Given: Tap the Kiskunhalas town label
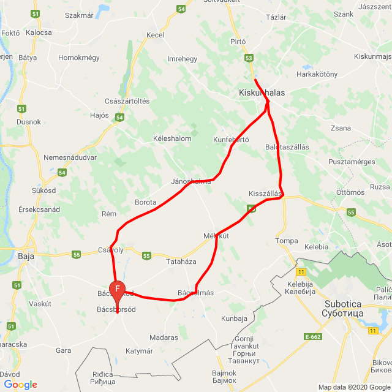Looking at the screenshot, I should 262,92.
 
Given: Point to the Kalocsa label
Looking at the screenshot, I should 39,32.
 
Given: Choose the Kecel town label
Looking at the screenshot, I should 156,35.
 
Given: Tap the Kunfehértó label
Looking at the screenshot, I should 231,140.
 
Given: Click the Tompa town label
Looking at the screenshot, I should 286,240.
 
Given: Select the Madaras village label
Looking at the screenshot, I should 164,337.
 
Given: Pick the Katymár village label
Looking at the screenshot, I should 139,351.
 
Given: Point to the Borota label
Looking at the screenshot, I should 145,202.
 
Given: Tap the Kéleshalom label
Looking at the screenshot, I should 172,138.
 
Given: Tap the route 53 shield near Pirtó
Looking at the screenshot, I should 248,58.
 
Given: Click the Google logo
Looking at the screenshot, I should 20,385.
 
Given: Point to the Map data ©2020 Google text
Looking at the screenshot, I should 353,387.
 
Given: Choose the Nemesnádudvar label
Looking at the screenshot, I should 70,157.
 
